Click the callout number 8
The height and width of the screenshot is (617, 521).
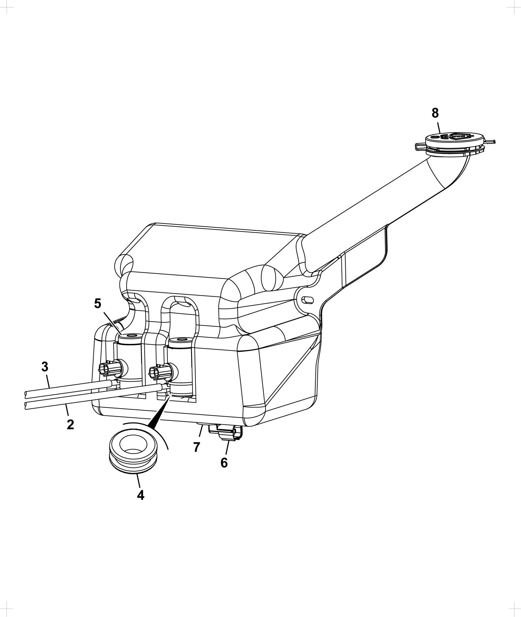pos(435,113)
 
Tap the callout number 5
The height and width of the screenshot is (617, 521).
pos(98,304)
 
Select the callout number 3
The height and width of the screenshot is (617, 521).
pos(45,366)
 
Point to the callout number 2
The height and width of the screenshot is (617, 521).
pos(70,424)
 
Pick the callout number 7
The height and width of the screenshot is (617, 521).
pos(196,447)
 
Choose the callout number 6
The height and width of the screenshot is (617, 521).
pos(224,462)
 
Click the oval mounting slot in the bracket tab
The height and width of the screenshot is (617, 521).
pos(308,300)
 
